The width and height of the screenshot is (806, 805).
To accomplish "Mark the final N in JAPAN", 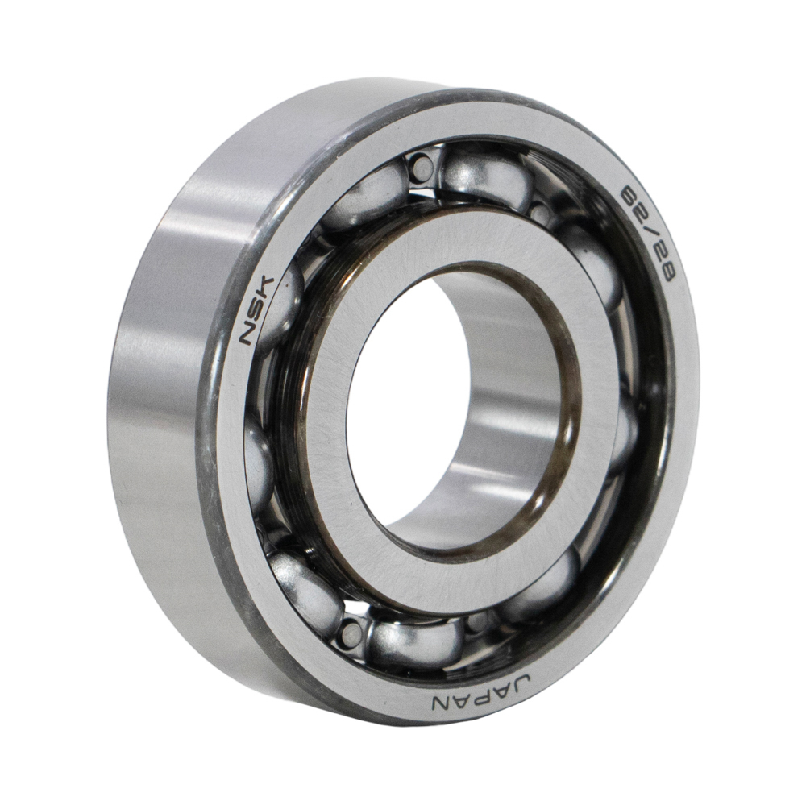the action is (441, 699).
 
